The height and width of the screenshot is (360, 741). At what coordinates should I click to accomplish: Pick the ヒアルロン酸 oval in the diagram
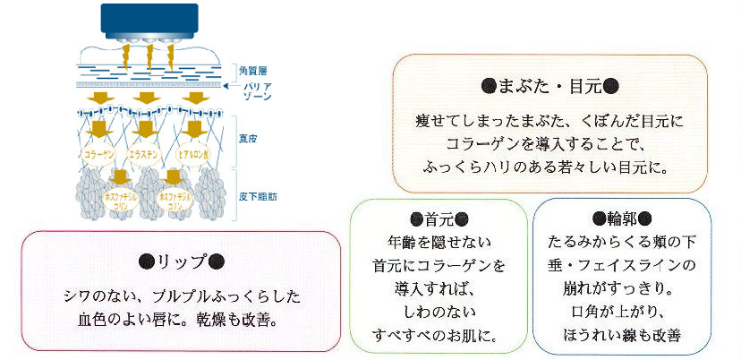coord(194,154)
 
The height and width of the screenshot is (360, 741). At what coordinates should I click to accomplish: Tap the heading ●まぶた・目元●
coord(549,87)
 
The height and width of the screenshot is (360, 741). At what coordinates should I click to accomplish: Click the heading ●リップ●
coord(181,261)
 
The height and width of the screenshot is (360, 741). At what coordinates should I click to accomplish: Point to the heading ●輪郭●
coord(621,219)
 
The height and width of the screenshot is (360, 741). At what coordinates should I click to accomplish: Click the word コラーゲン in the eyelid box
coord(482,143)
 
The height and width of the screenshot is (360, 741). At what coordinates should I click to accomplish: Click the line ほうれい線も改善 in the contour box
coord(621,336)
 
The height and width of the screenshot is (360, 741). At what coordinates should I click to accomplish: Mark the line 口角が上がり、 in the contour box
coord(621,313)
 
